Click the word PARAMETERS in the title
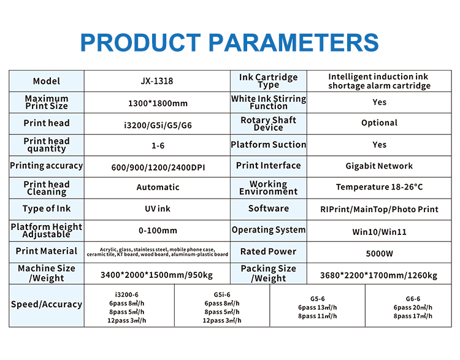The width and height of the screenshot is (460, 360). (294, 42)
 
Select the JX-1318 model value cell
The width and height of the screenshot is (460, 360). (157, 81)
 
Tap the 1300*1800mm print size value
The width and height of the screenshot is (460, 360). (158, 103)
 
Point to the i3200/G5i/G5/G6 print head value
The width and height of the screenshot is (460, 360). (158, 125)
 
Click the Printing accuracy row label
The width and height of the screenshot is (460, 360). (47, 166)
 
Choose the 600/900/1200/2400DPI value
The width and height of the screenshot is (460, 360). (158, 167)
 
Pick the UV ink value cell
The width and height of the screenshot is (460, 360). (158, 209)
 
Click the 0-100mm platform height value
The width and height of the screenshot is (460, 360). (158, 231)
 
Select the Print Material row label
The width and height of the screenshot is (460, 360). (47, 251)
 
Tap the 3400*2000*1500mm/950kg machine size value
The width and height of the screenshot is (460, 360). (156, 275)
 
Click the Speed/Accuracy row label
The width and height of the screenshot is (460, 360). (47, 304)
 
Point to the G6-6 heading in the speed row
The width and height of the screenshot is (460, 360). (413, 299)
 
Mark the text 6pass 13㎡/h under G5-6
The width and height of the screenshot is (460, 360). (318, 307)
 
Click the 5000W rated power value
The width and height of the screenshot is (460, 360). (379, 253)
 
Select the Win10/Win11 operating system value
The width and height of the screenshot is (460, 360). (379, 232)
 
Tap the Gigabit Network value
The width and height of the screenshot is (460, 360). (379, 166)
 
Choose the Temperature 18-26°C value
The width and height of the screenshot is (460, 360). (379, 187)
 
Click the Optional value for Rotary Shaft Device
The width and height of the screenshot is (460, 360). (379, 123)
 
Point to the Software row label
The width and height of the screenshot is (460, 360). (269, 209)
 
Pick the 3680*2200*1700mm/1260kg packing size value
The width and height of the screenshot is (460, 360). (379, 275)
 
